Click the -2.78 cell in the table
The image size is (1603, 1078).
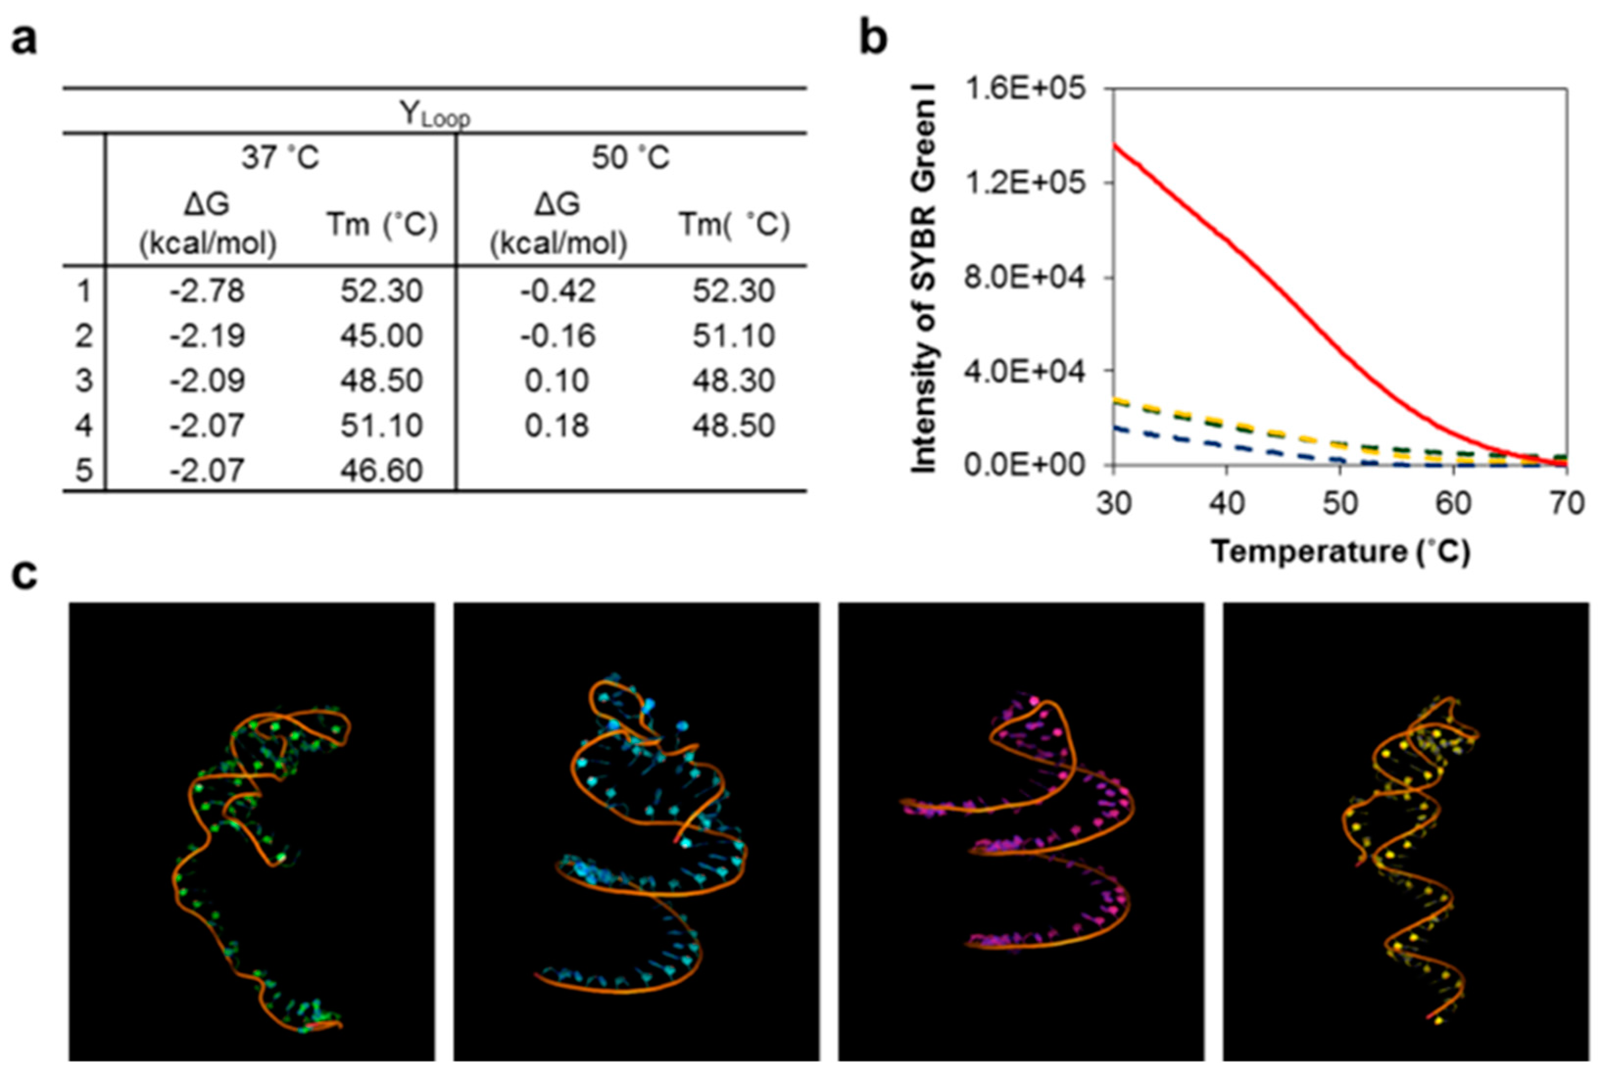point(207,291)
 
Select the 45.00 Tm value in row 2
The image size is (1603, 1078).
point(381,335)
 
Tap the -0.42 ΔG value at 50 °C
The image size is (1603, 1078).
point(557,291)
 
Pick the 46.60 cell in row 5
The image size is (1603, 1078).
point(381,470)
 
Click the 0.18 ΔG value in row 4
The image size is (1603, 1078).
point(557,426)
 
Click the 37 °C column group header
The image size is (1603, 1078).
point(280,157)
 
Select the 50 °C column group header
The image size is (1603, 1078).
point(630,157)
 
